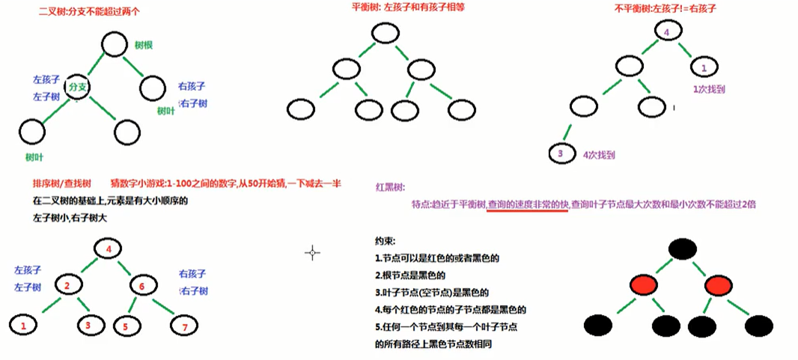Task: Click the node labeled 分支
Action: (x=78, y=88)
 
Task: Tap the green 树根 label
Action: (x=144, y=46)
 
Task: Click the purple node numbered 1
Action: (x=704, y=67)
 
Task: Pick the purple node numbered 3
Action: (x=560, y=154)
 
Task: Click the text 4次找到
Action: (x=598, y=155)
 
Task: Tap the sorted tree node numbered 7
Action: (x=183, y=326)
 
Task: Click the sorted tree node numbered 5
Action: (x=125, y=326)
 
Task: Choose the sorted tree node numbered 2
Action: (x=67, y=285)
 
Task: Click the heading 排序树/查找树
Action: (x=61, y=183)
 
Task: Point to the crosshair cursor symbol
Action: (x=313, y=252)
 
